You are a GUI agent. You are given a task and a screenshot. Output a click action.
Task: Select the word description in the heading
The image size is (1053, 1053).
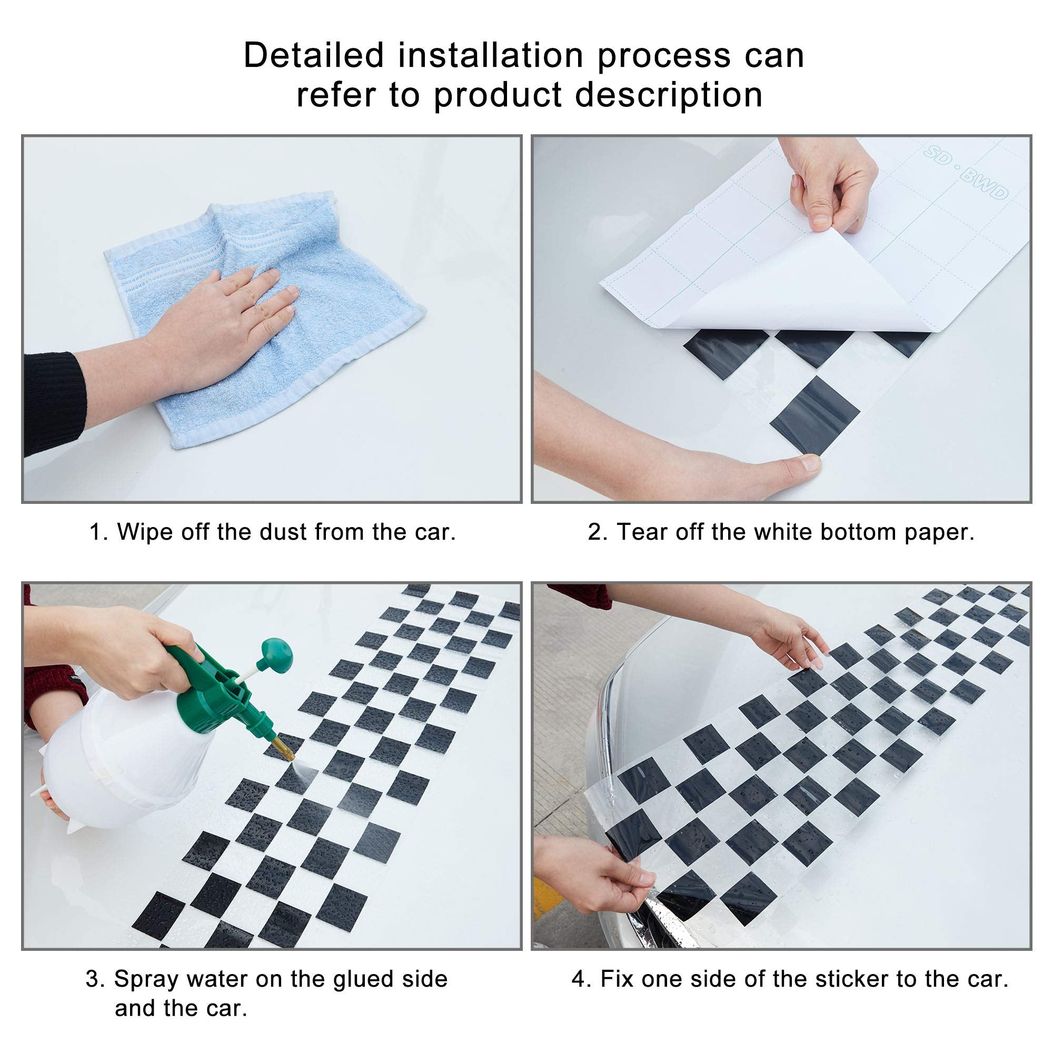pyautogui.click(x=669, y=95)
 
